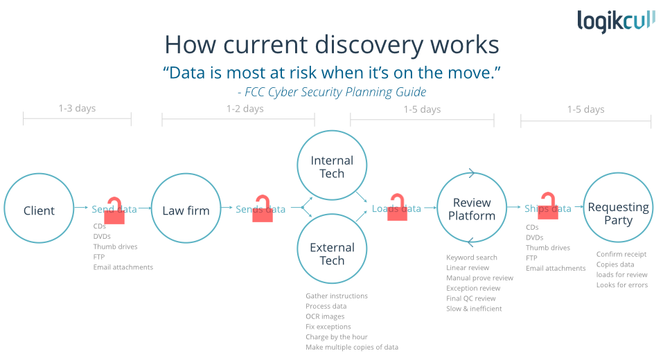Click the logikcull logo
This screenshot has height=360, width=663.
pos(615,21)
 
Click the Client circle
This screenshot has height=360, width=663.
pos(39,210)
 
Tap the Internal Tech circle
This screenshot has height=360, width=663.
pos(332,167)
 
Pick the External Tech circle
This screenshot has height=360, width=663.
pos(332,254)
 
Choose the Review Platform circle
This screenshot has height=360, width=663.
pos(472,209)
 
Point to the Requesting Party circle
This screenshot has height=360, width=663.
pos(618,213)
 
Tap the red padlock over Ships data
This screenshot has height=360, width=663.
pos(548,206)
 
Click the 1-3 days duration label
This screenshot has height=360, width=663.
pos(77,108)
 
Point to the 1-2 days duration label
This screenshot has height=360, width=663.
pos(245,109)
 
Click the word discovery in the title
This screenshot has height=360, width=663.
pos(368,45)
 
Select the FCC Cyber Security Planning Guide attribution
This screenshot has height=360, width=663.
pos(331,91)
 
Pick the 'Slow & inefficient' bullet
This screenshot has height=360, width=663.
pos(474,308)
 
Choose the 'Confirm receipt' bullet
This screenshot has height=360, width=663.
pos(621,254)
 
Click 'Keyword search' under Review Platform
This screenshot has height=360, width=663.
pos(472,258)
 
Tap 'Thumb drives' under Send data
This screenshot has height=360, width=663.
pos(115,246)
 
